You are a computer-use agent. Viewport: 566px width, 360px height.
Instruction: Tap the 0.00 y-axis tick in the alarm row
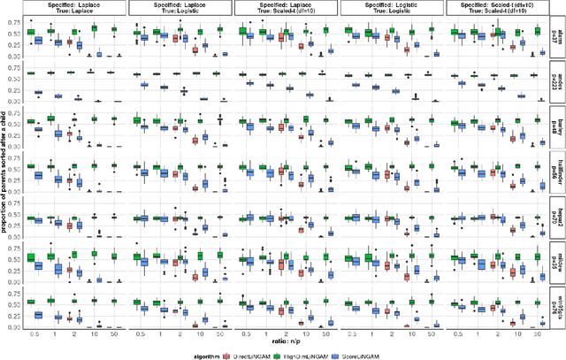15,58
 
